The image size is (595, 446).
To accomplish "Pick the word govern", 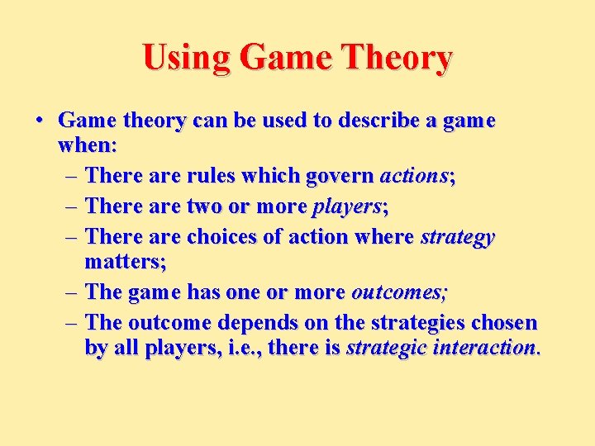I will pos(339,176).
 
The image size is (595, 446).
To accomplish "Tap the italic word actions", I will pos(412,176).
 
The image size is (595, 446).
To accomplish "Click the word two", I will pos(211,206).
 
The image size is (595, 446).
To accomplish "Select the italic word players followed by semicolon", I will pos(345,206).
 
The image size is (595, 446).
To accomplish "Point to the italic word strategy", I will pos(457,237).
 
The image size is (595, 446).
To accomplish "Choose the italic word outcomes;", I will pos(400,292).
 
